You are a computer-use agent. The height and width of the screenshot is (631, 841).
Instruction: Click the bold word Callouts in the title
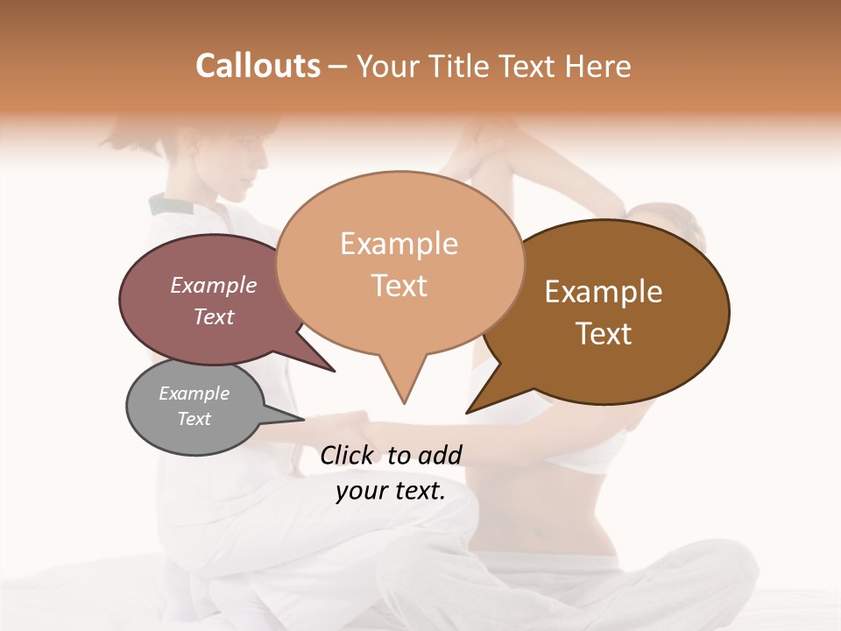pyautogui.click(x=258, y=66)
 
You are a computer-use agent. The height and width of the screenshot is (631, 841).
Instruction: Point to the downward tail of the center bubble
pyautogui.click(x=403, y=386)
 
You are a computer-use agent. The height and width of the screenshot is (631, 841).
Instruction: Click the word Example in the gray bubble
pyautogui.click(x=194, y=393)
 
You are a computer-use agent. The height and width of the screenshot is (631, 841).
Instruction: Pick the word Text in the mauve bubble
pyautogui.click(x=214, y=316)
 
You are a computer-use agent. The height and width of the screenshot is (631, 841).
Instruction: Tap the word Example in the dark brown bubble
pyautogui.click(x=604, y=292)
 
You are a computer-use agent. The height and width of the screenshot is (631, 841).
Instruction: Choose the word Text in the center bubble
pyautogui.click(x=399, y=286)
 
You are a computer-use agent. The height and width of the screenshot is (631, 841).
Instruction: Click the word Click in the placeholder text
pyautogui.click(x=347, y=455)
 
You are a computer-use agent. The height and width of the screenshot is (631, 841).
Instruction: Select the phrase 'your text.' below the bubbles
pyautogui.click(x=391, y=492)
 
